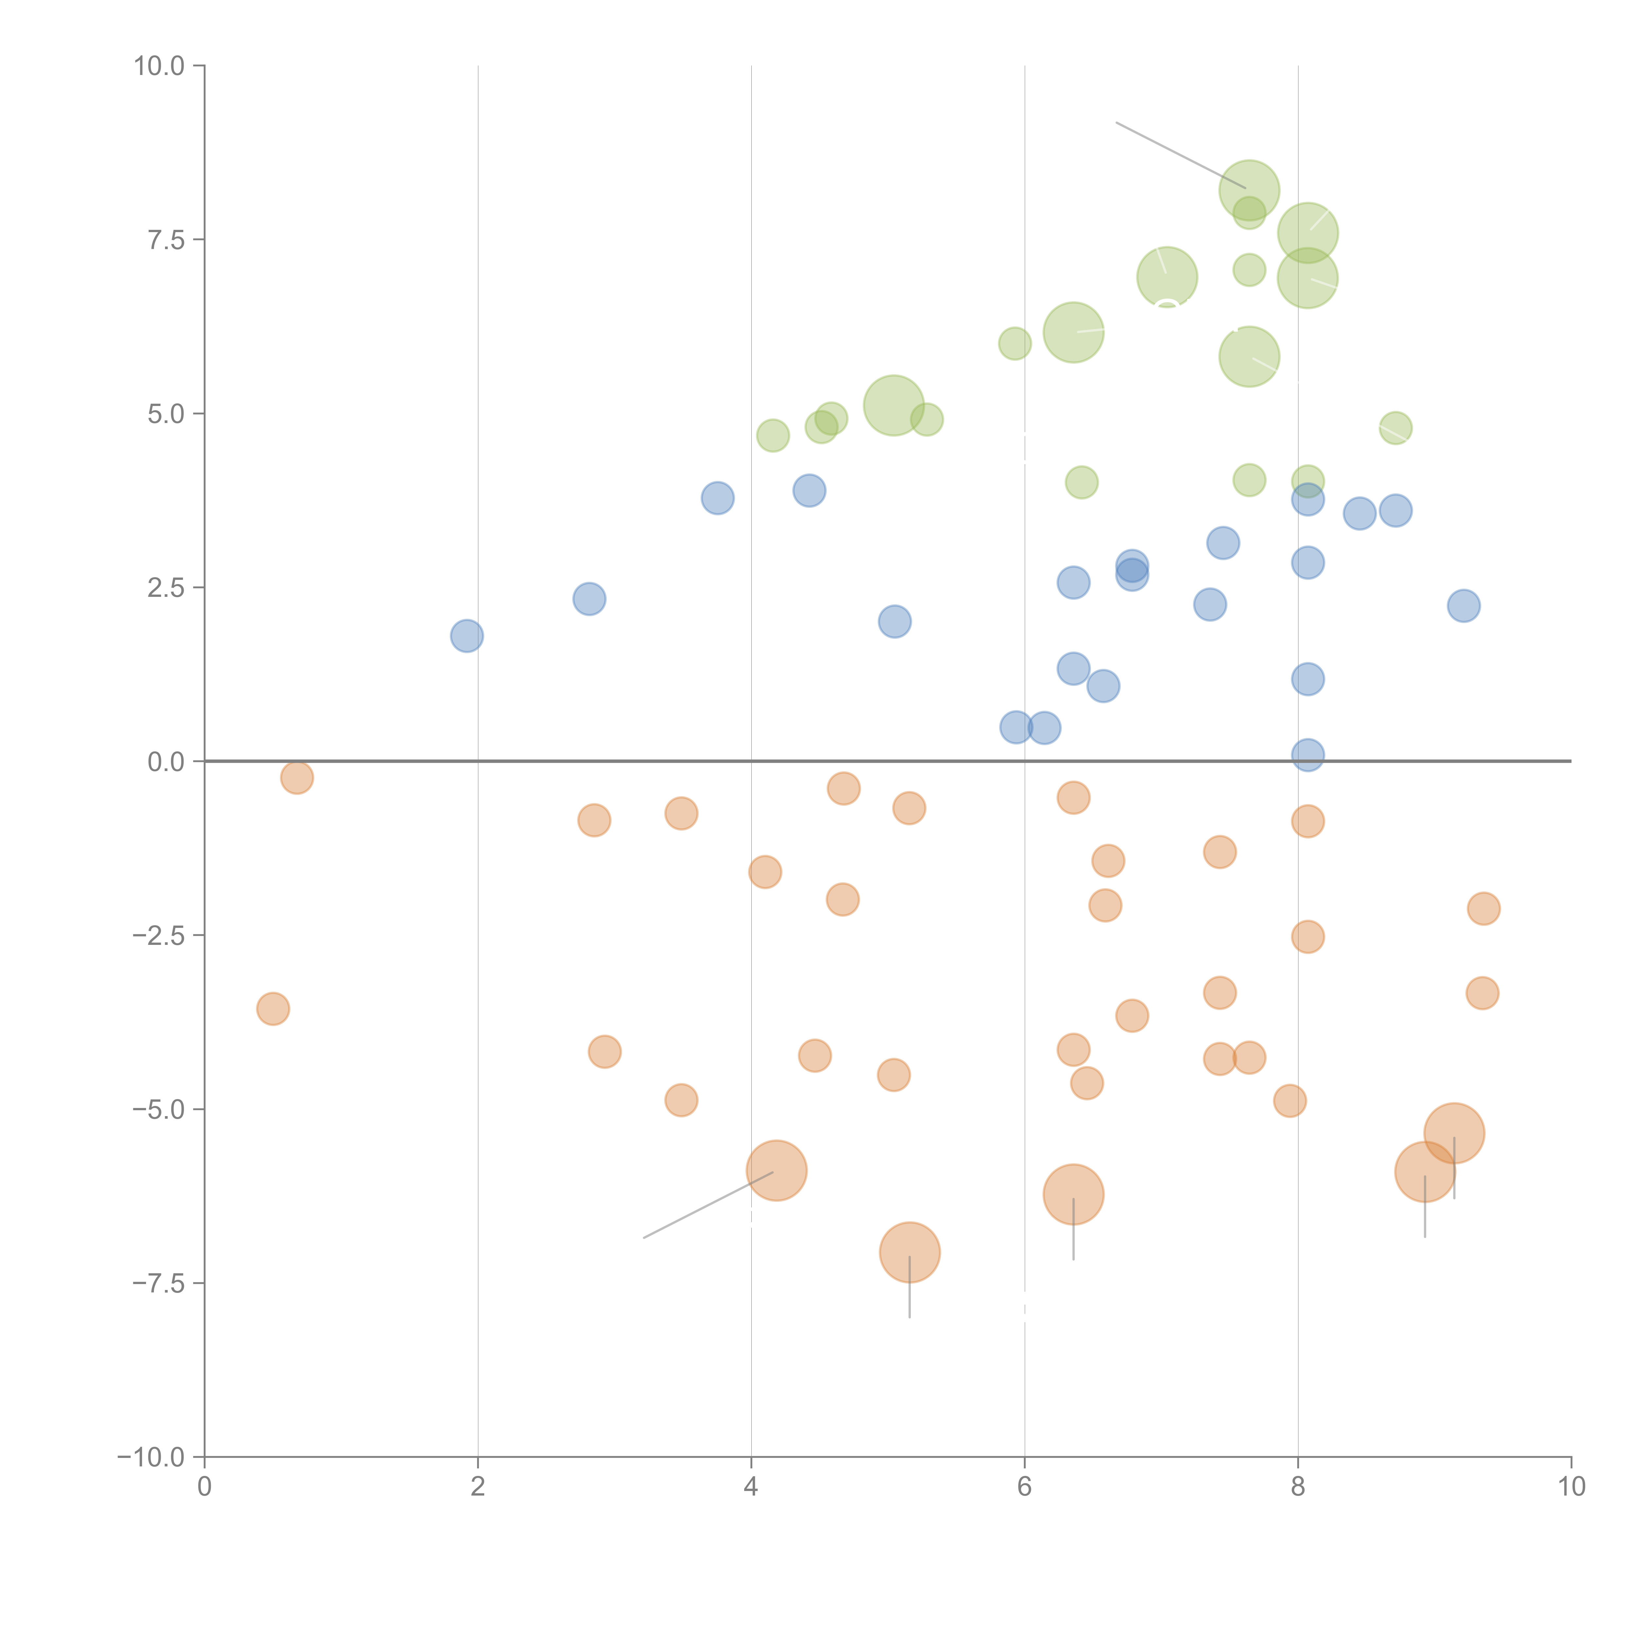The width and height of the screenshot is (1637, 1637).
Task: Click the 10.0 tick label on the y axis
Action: coord(159,66)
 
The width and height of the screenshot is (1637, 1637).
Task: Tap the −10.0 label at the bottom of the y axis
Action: coord(151,1457)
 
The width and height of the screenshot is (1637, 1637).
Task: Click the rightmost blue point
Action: coord(1463,606)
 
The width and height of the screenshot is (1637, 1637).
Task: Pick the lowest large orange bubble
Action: coord(909,1252)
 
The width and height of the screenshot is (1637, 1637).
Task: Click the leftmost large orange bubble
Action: coord(776,1171)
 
